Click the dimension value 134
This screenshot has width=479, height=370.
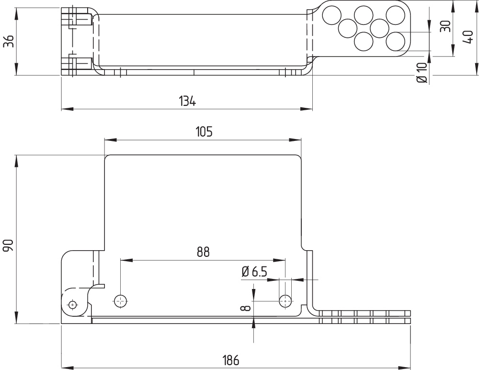tap(187, 101)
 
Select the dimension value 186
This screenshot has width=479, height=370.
tap(230, 359)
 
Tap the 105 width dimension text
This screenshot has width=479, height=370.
tap(204, 132)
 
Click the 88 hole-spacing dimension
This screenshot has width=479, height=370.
tap(203, 252)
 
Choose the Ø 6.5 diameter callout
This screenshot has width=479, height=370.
tap(254, 272)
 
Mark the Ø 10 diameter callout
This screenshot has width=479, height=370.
tap(422, 72)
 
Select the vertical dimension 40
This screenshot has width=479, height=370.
tap(468, 36)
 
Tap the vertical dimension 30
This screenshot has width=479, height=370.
tap(445, 26)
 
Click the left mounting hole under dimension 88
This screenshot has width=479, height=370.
tap(120, 301)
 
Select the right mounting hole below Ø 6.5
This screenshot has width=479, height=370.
tap(285, 301)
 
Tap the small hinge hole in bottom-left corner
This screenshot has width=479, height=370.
tap(72, 304)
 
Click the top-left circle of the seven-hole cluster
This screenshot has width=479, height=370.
tap(331, 15)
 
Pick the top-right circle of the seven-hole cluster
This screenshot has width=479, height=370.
tap(395, 15)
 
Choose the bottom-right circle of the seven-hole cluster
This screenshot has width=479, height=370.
tap(395, 41)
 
